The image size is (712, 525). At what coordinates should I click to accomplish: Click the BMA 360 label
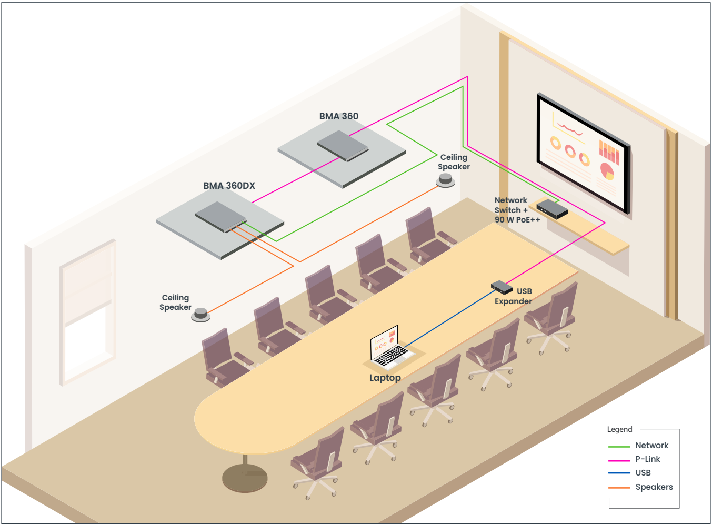(338, 116)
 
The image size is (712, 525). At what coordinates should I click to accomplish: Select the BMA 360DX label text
(229, 186)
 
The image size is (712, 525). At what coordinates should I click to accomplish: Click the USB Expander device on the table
(502, 287)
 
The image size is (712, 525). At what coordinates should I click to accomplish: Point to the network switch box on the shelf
(552, 209)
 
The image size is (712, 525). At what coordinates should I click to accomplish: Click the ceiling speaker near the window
(200, 315)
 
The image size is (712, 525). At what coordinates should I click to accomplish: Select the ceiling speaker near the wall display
(446, 181)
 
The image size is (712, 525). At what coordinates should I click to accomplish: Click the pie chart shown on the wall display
(607, 171)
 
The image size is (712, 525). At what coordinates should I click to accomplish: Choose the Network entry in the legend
(651, 446)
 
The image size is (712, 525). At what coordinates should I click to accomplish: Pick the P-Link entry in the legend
(647, 459)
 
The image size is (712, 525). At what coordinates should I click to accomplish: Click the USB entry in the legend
(643, 473)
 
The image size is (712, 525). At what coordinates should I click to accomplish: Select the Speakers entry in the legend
(654, 487)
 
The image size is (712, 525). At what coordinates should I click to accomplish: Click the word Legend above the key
(619, 429)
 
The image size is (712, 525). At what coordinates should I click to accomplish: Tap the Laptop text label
(385, 378)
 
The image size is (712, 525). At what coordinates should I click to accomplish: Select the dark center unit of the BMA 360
(343, 145)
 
